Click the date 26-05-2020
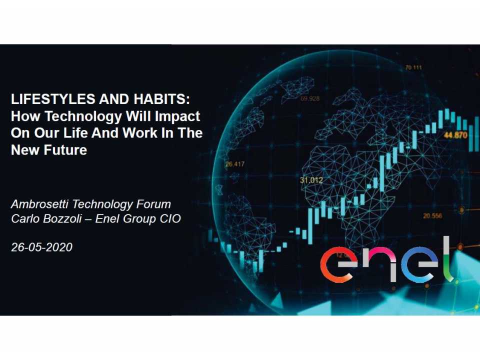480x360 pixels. point(41,247)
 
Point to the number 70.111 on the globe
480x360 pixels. point(413,68)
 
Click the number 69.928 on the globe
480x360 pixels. point(310,98)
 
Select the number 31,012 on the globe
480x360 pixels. point(311,180)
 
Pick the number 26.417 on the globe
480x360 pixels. point(235,164)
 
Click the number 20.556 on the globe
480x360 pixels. point(432,216)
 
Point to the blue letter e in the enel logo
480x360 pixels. point(417,264)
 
